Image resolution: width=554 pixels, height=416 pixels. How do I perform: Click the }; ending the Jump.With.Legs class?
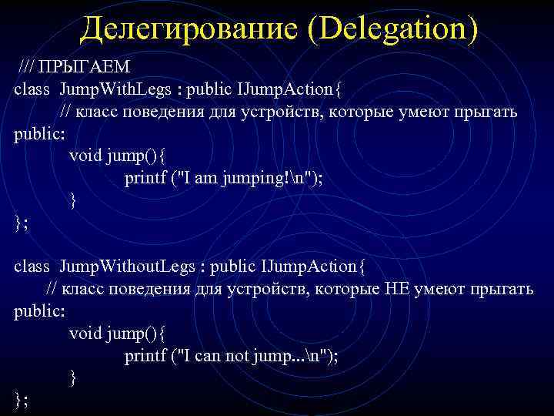(x=21, y=223)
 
